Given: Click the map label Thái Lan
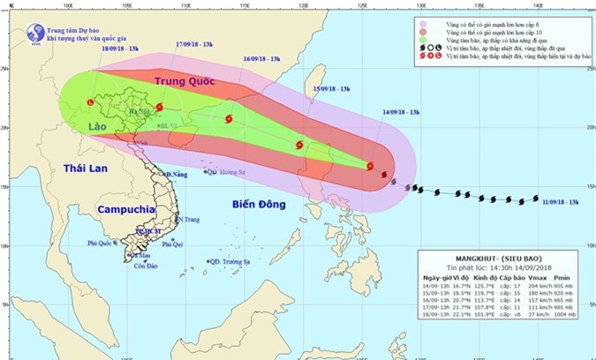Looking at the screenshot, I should [85, 169].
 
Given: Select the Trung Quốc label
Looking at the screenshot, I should [185, 82].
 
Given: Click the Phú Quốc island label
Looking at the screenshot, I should [102, 243].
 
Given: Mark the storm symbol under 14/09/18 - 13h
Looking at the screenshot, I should [370, 165].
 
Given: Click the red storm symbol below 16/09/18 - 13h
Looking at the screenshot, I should [229, 119].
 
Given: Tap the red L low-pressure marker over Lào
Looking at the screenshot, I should [91, 103].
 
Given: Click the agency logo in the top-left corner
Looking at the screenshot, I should [38, 33].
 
